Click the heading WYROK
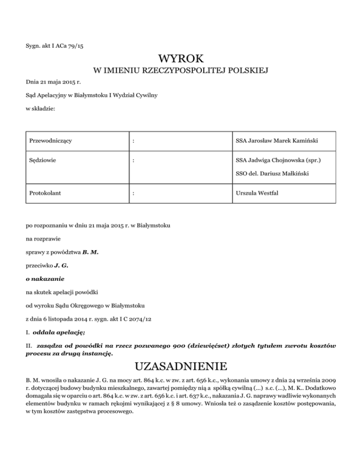(181, 59)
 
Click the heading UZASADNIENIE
(181, 367)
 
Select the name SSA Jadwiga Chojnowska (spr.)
(279, 160)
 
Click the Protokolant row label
(46, 193)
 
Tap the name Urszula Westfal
(258, 193)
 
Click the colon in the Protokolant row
(134, 193)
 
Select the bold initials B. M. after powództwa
(90, 252)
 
